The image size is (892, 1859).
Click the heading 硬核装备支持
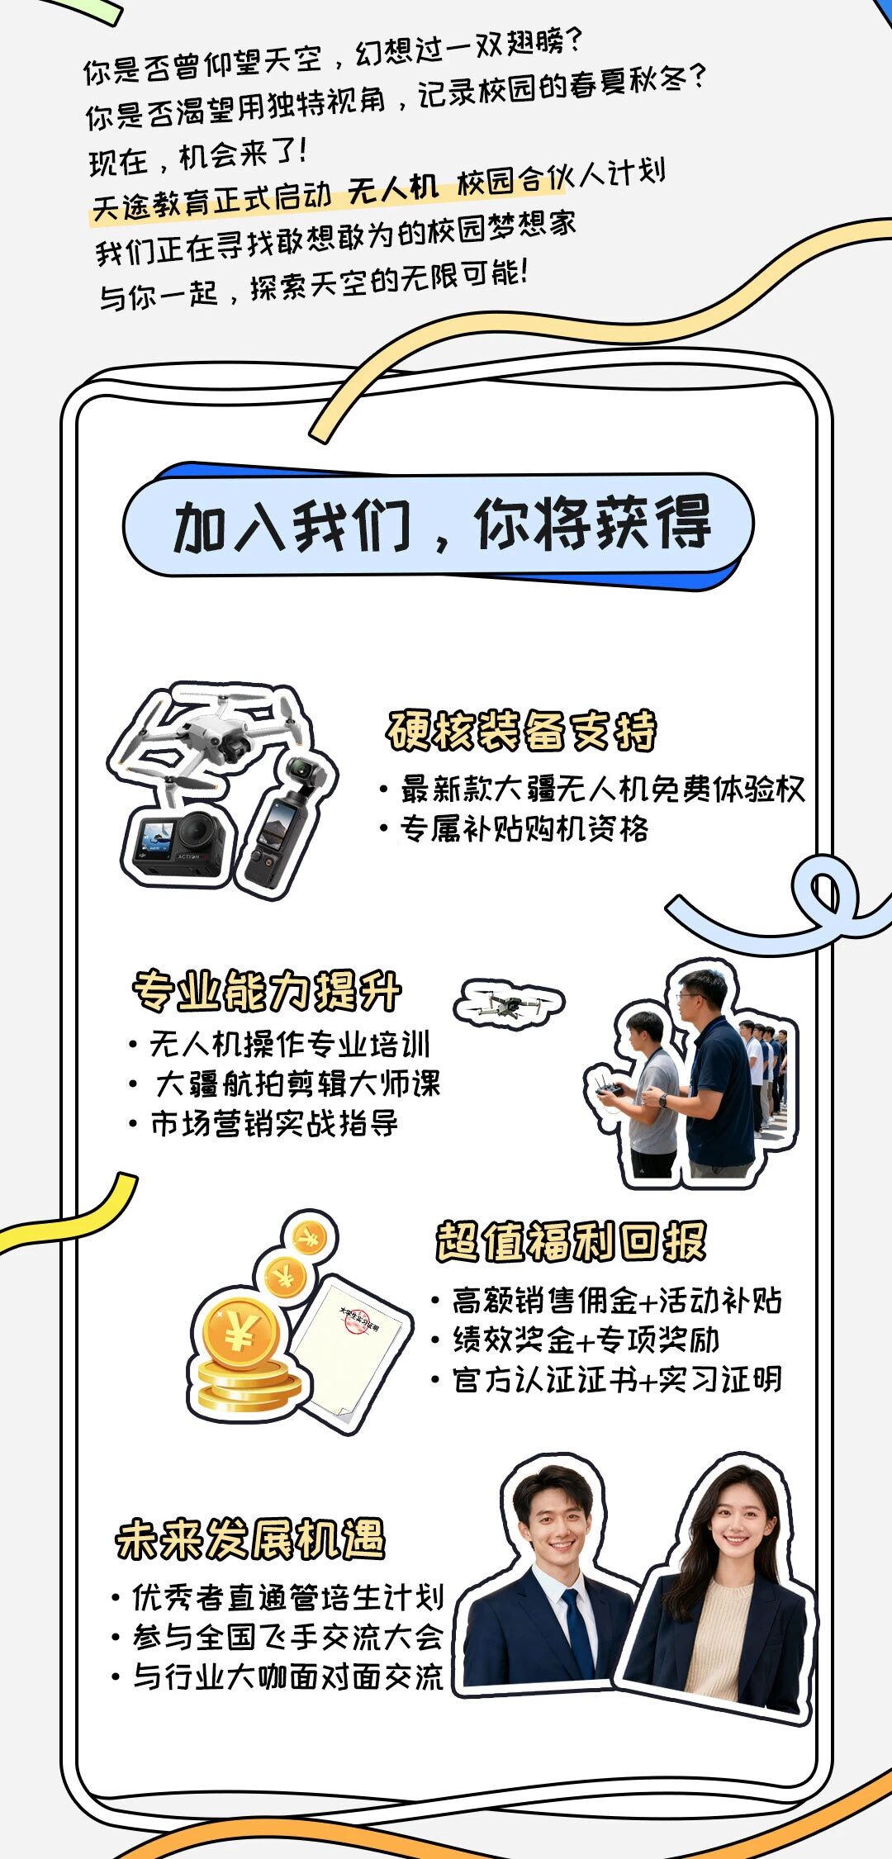click(x=522, y=731)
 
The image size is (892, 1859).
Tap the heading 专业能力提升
click(x=267, y=991)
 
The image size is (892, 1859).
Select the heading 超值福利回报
click(x=572, y=1241)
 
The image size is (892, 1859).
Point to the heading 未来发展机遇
click(x=250, y=1539)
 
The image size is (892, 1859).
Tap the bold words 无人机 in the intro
click(x=393, y=190)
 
